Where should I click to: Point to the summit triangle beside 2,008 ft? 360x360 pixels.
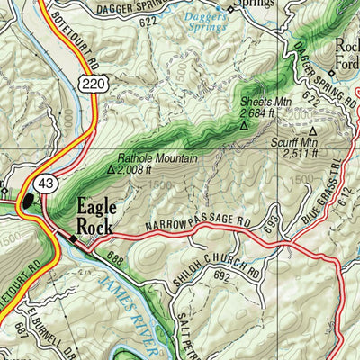tap(112, 168)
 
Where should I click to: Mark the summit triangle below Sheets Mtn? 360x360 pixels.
tap(243, 126)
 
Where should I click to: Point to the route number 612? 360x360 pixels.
tap(346, 209)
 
